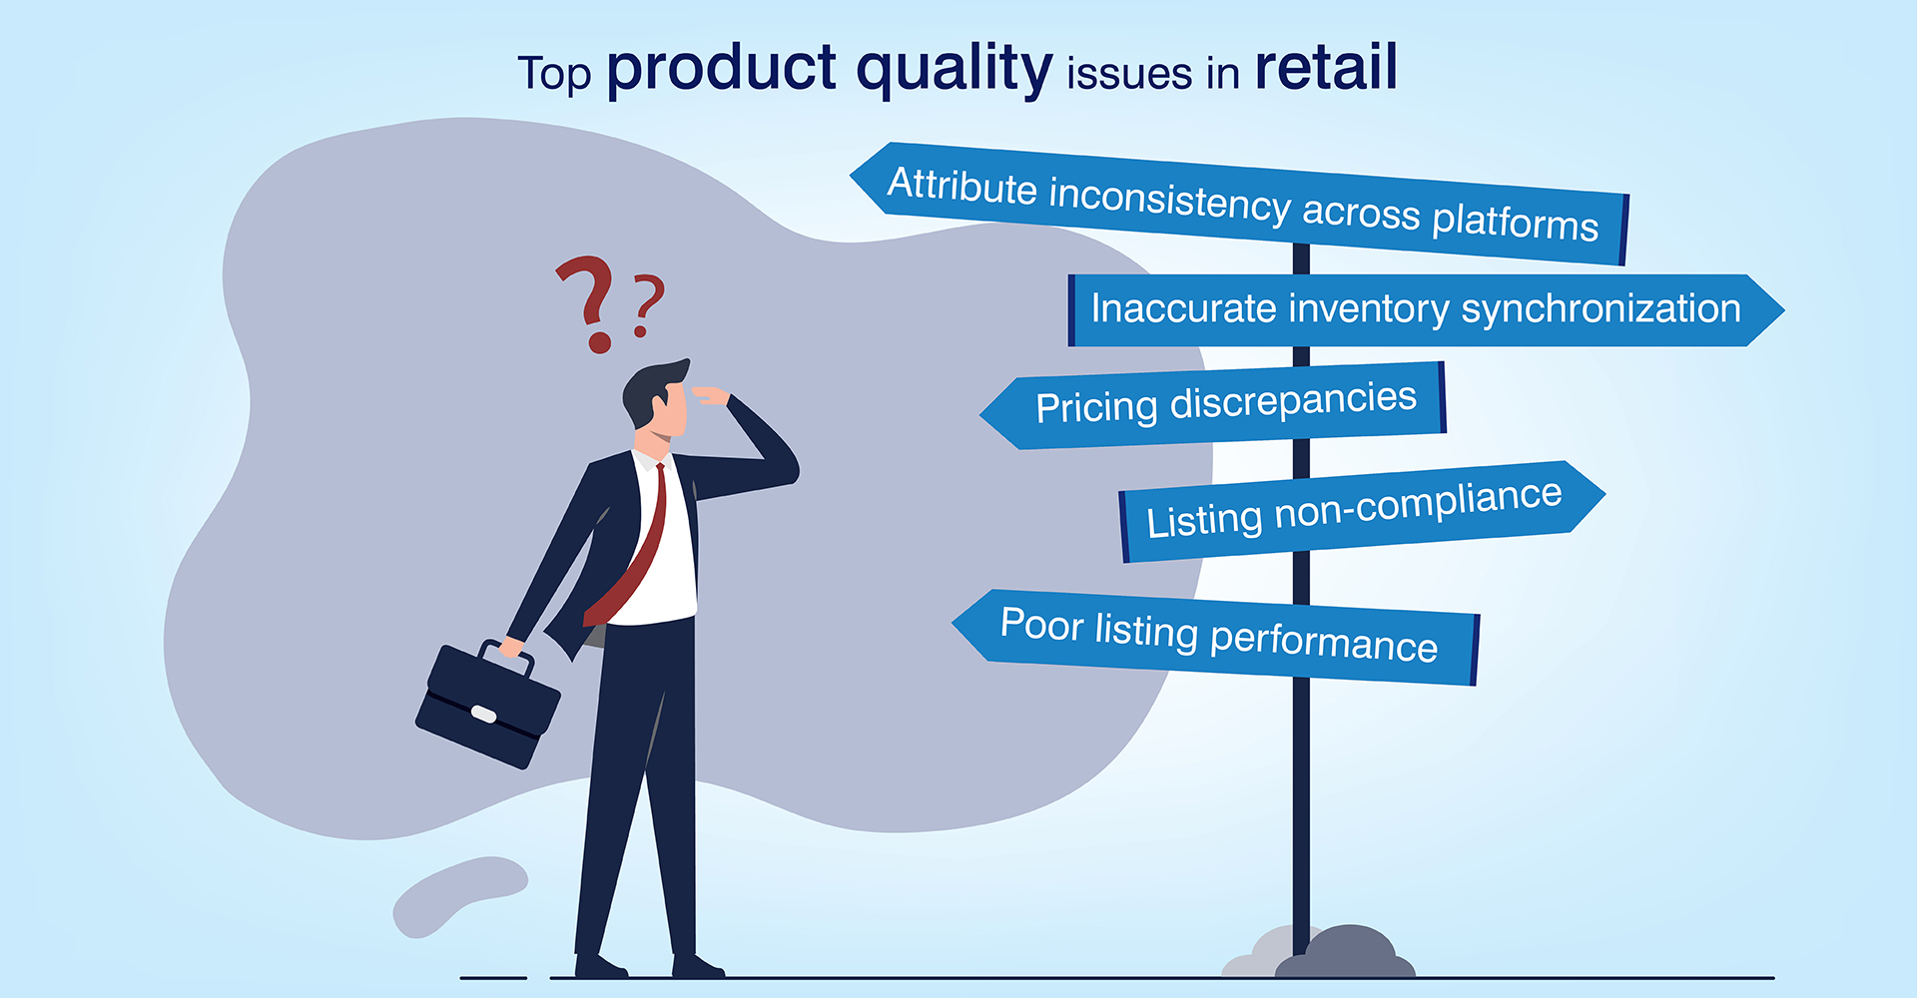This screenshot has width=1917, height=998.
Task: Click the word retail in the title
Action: (x=1326, y=67)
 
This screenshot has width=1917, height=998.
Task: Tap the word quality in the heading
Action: (x=955, y=70)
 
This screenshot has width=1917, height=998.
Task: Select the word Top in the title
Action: (x=554, y=74)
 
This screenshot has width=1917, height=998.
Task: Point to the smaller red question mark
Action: (x=648, y=305)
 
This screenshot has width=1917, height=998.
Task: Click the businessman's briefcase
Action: (x=487, y=705)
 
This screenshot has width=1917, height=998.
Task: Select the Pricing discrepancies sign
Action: (x=1213, y=404)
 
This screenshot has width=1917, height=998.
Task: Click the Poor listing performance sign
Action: (x=1215, y=637)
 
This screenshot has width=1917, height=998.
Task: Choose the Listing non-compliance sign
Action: (x=1361, y=511)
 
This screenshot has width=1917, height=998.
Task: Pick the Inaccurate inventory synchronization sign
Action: (x=1426, y=310)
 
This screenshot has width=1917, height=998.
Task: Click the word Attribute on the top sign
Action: (x=962, y=187)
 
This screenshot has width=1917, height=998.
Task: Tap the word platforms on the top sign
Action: (x=1515, y=221)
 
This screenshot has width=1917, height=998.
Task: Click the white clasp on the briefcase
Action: (x=483, y=714)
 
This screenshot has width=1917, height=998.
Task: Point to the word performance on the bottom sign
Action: (x=1324, y=644)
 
